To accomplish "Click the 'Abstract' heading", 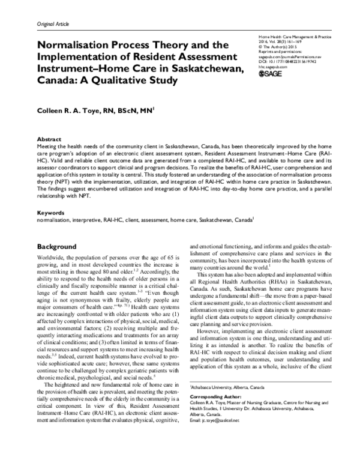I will (x=49, y=138).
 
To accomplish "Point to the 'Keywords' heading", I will (x=52, y=213).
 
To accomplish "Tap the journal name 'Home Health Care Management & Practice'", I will (x=294, y=38).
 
